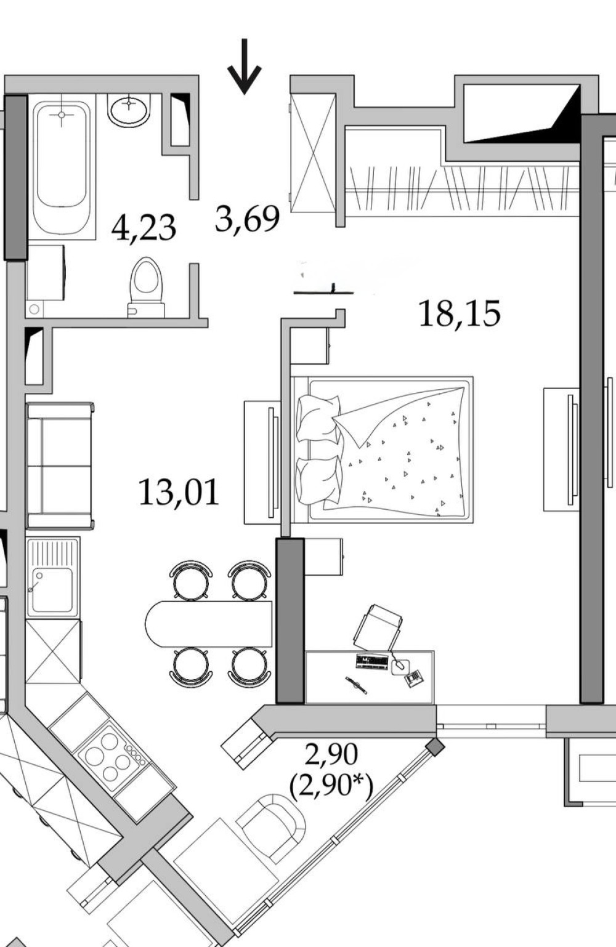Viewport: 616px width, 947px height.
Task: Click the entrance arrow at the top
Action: [245, 66]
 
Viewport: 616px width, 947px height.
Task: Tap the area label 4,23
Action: [144, 228]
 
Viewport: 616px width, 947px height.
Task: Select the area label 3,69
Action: [248, 219]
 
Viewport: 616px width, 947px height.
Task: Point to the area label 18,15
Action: [460, 313]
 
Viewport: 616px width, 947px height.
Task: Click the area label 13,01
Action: [179, 492]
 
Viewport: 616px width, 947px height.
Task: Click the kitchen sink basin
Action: [52, 590]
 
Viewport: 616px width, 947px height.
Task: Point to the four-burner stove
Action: [113, 757]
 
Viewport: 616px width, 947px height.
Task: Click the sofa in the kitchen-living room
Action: [60, 466]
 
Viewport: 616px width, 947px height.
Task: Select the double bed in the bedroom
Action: [383, 449]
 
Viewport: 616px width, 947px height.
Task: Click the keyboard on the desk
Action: [372, 661]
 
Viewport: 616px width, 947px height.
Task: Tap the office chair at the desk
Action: [379, 627]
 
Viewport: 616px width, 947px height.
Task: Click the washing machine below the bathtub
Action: [46, 273]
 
